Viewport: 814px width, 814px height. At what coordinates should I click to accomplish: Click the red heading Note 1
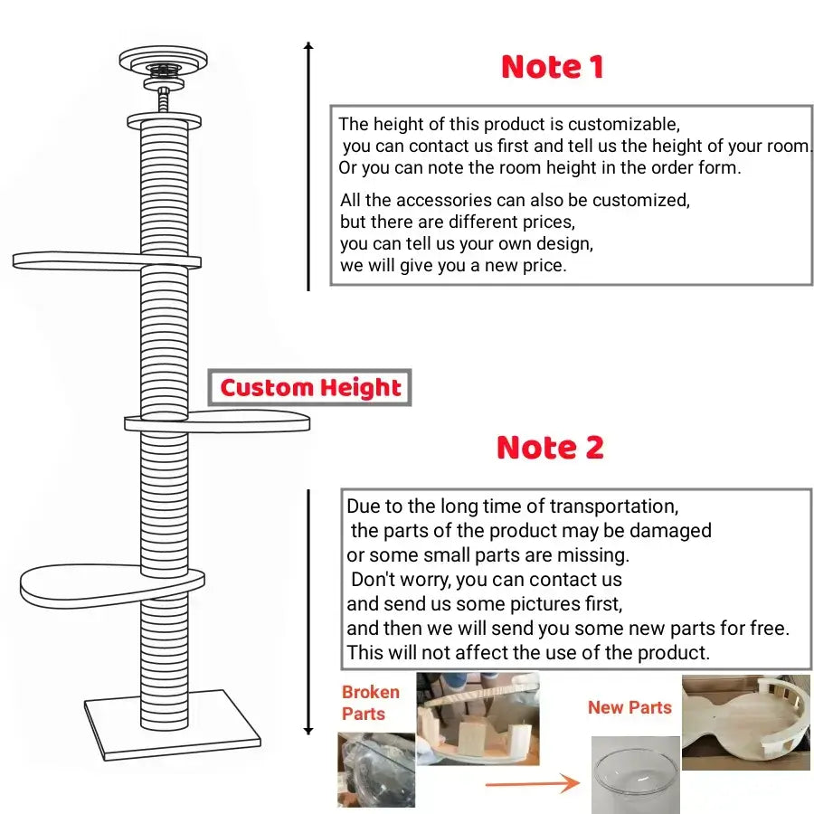point(552,67)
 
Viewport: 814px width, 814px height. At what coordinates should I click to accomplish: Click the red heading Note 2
point(550,448)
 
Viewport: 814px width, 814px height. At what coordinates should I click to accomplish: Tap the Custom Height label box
point(310,388)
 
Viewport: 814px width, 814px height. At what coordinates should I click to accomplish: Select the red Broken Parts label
point(370,703)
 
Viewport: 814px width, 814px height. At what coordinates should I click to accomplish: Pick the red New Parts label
point(629,707)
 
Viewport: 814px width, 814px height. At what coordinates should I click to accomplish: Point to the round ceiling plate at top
point(163,62)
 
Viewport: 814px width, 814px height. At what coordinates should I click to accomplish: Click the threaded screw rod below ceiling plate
point(164,99)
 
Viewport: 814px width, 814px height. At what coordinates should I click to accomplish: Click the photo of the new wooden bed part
point(745,721)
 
